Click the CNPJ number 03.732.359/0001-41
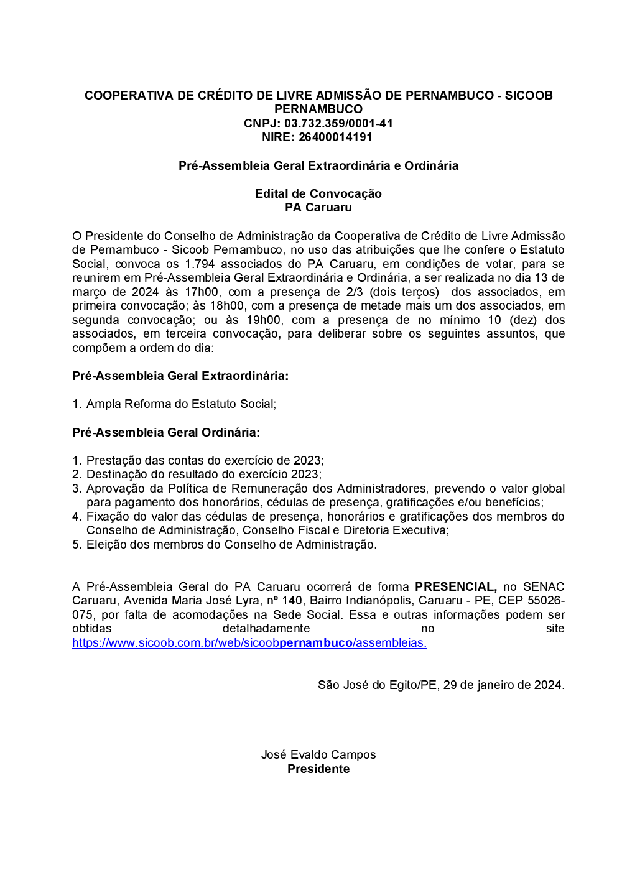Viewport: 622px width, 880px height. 338,123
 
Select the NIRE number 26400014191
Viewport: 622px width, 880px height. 335,137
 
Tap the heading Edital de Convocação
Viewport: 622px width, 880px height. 318,193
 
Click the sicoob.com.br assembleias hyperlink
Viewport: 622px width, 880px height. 249,643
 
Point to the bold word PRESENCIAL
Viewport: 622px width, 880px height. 455,586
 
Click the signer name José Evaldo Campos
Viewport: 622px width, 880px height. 318,754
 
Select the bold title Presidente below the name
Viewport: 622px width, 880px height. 318,769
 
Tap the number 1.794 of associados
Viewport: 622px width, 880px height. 200,264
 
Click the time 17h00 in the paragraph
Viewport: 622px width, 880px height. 201,292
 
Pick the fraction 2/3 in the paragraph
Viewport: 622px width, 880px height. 355,292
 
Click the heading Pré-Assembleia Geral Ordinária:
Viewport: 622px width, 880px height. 166,432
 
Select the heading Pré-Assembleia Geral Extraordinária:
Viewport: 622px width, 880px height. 180,376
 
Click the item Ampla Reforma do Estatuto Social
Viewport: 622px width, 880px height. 180,404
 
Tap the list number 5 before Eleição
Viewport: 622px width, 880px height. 76,545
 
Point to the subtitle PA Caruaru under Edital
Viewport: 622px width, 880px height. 318,208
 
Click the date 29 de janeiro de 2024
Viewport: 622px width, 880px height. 502,685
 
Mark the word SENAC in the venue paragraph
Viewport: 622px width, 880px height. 544,586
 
